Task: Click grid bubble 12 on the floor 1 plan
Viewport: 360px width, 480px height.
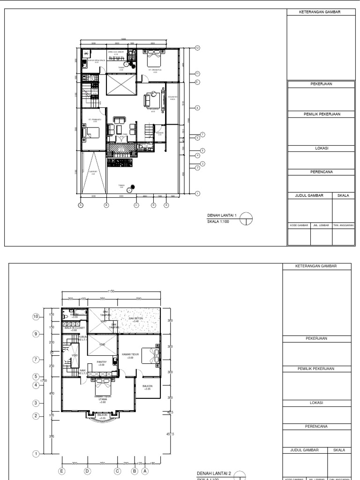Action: pyautogui.click(x=197, y=48)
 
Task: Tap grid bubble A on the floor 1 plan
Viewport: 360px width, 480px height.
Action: pyautogui.click(x=81, y=205)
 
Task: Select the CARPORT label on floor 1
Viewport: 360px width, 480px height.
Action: pyautogui.click(x=93, y=172)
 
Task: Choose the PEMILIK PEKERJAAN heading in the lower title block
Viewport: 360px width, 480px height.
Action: pyautogui.click(x=318, y=368)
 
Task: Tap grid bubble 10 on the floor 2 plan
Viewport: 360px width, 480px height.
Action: pyautogui.click(x=36, y=317)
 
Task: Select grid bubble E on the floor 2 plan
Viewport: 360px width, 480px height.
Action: pyautogui.click(x=61, y=471)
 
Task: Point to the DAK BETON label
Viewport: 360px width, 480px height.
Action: pyautogui.click(x=135, y=320)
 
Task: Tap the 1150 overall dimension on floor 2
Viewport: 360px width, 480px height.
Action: pyautogui.click(x=111, y=292)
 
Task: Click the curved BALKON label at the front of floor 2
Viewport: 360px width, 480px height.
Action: pyautogui.click(x=102, y=416)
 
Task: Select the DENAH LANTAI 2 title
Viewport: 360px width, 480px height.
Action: pyautogui.click(x=214, y=473)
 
